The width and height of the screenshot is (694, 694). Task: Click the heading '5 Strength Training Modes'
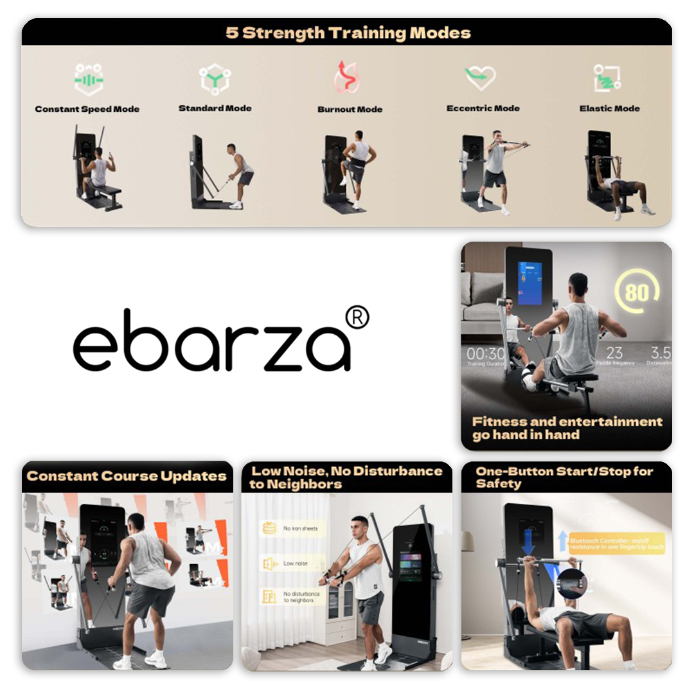point(348,33)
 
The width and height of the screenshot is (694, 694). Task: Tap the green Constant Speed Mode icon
point(89,80)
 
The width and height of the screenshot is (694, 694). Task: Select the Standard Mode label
point(215,108)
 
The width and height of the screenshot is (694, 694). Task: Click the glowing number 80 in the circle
point(636,293)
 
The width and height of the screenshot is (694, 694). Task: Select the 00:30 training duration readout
point(485,354)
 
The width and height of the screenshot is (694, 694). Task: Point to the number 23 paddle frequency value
point(614,353)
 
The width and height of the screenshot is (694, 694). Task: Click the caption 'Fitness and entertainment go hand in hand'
point(567,428)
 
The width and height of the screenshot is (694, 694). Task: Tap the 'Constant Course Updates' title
point(127,476)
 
